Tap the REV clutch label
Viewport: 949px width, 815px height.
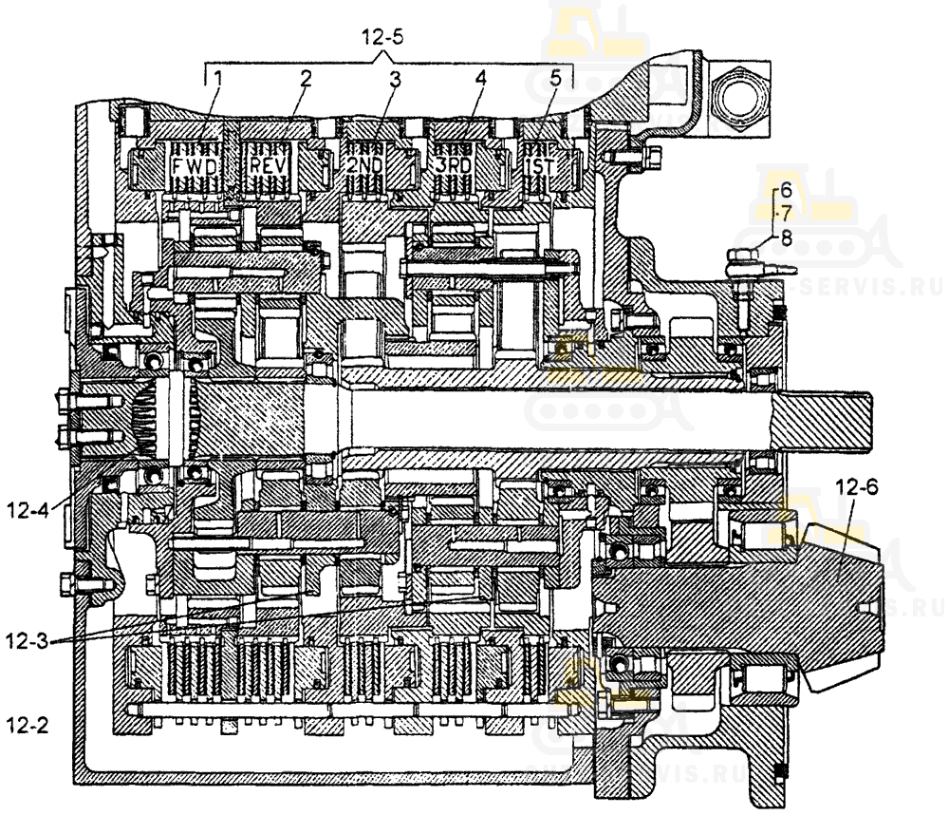point(268,166)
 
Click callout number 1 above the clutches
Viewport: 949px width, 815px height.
point(216,79)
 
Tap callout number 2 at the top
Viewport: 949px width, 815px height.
point(305,79)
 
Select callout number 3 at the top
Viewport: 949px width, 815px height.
point(394,79)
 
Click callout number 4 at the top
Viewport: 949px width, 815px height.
point(480,79)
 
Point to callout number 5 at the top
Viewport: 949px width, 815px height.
point(554,79)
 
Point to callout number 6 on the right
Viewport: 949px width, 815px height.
point(785,189)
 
